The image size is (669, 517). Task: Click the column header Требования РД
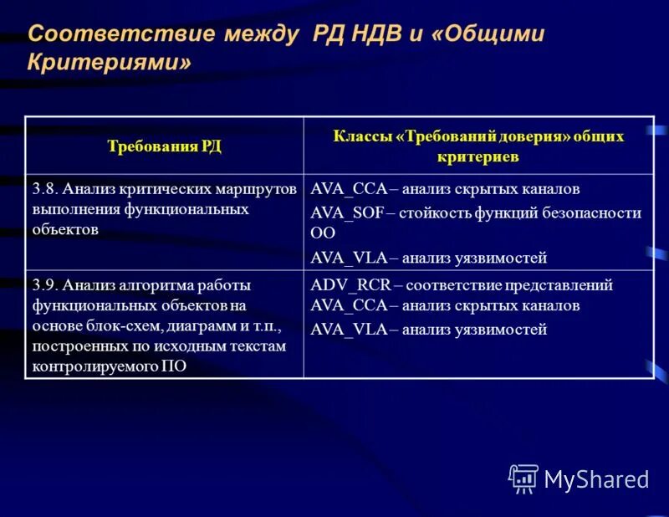[x=164, y=146]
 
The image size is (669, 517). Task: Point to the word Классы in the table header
[x=364, y=136]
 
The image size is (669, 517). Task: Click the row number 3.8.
[x=45, y=189]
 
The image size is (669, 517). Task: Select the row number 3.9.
[x=45, y=285]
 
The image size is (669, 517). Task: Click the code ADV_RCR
[x=345, y=285]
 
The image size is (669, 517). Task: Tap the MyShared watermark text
[x=596, y=479]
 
